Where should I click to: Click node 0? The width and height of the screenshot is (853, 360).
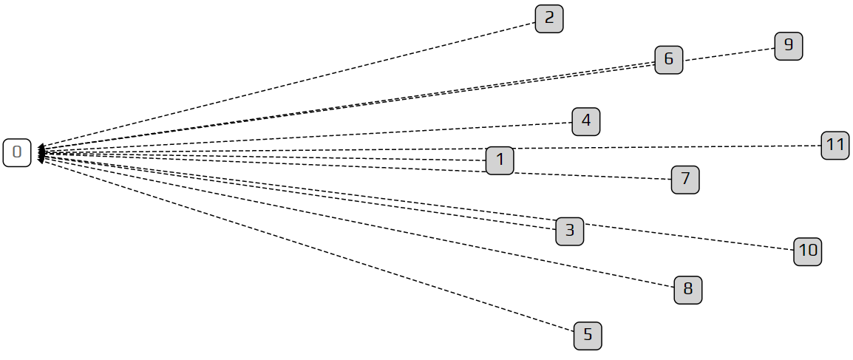click(x=17, y=153)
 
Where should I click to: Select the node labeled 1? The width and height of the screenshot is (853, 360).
click(x=500, y=160)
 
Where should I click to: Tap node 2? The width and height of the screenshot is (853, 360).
click(x=549, y=18)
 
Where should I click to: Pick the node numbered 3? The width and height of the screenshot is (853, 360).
click(x=569, y=231)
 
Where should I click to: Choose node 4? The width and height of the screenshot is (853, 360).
click(x=586, y=121)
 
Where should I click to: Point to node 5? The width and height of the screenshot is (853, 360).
click(x=588, y=336)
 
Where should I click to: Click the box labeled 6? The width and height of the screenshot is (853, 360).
click(x=669, y=59)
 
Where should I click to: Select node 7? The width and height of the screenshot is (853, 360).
click(x=685, y=179)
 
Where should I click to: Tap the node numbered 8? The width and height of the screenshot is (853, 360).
click(x=688, y=290)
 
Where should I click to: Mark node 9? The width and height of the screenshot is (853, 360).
click(x=789, y=46)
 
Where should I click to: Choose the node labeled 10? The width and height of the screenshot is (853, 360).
click(x=808, y=251)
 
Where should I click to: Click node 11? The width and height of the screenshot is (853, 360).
click(x=835, y=145)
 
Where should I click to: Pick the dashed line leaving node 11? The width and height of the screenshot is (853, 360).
click(x=665, y=148)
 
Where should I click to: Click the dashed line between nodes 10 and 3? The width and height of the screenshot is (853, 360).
click(x=687, y=237)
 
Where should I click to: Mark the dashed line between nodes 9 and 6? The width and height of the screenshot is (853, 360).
click(x=728, y=54)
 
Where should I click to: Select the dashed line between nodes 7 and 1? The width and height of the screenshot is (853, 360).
click(x=591, y=175)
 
